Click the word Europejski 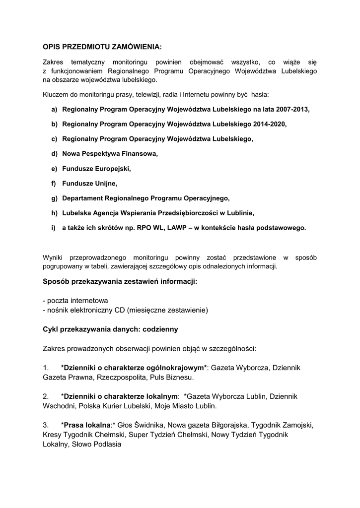[x=112, y=169]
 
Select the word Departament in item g [x=82, y=198]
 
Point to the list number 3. [x=46, y=425]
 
